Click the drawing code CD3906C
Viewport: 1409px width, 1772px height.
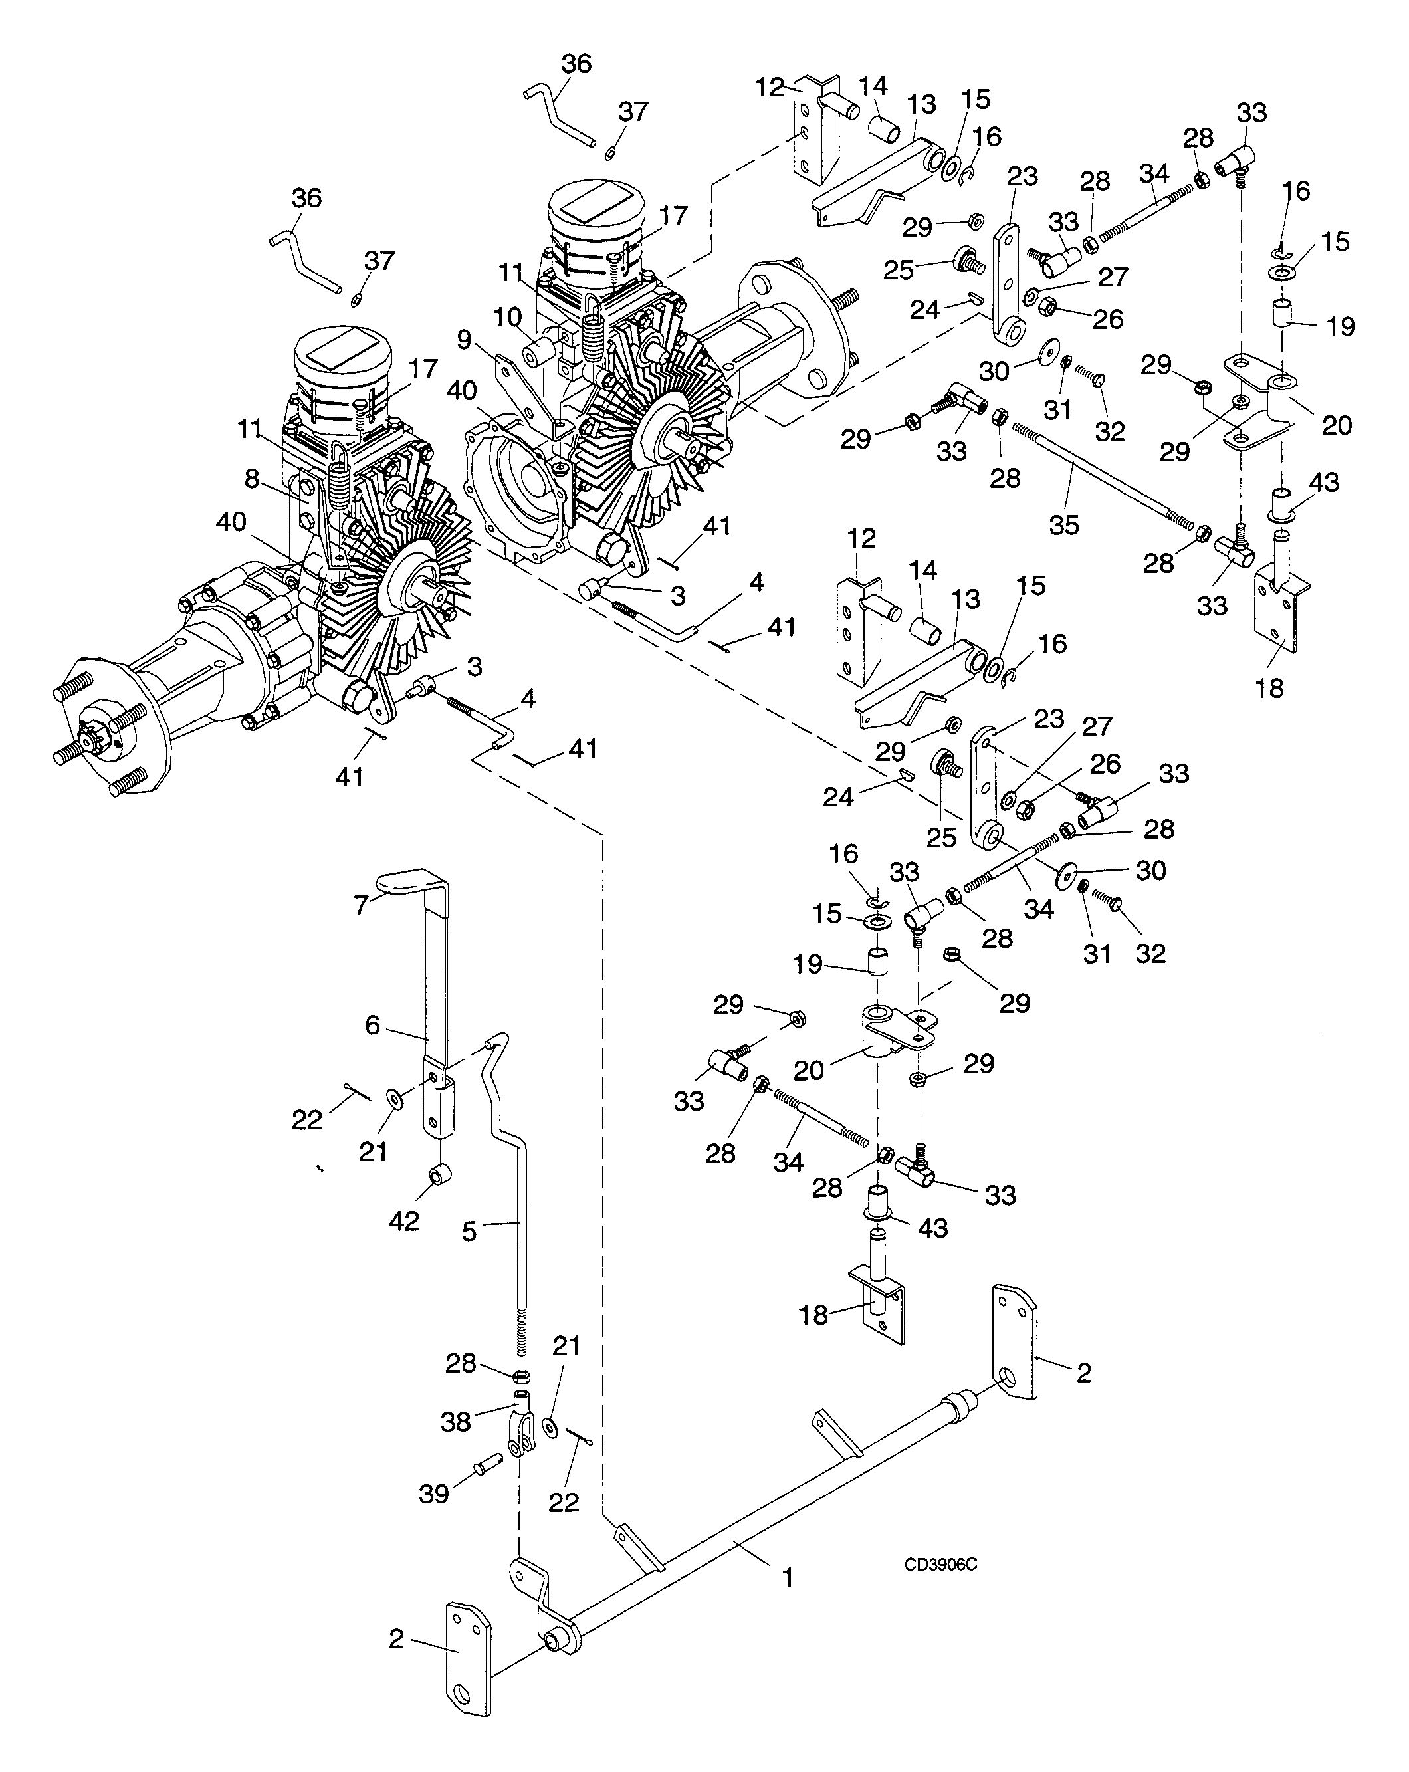pos(940,1565)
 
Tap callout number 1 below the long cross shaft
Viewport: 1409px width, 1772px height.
pos(788,1577)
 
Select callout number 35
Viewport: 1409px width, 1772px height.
pos(1064,525)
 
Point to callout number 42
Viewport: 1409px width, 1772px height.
pos(403,1222)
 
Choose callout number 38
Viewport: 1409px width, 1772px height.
pos(455,1421)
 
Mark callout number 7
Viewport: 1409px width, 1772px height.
pos(361,905)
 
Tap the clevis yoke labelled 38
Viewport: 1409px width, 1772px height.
pos(522,1428)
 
